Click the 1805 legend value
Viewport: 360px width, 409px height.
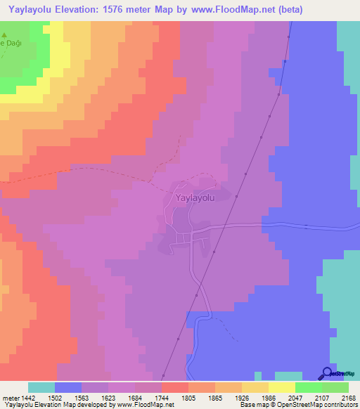point(174,398)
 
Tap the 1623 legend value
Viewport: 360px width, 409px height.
point(108,398)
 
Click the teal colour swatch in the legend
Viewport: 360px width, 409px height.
point(41,387)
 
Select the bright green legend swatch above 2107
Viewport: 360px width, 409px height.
point(308,387)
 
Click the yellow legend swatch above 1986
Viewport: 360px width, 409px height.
point(255,387)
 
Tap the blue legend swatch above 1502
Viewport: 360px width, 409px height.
point(68,387)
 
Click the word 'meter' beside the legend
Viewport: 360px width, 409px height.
point(12,398)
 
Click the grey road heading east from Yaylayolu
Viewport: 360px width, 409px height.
point(295,226)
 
